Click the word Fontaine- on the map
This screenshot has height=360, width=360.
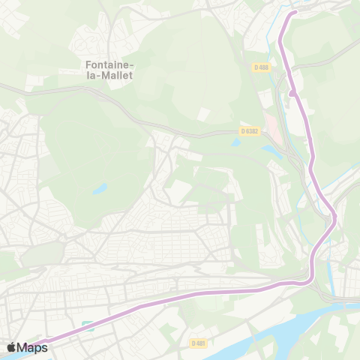(x=100, y=64)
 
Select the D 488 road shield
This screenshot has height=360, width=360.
(x=261, y=67)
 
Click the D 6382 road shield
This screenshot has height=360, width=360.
(x=250, y=130)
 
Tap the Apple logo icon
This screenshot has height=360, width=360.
(x=11, y=347)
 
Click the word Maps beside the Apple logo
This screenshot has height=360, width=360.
(x=32, y=347)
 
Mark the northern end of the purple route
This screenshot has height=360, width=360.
(x=294, y=12)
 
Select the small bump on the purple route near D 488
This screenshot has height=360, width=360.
(x=290, y=94)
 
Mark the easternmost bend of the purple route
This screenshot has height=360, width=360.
(x=335, y=217)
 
